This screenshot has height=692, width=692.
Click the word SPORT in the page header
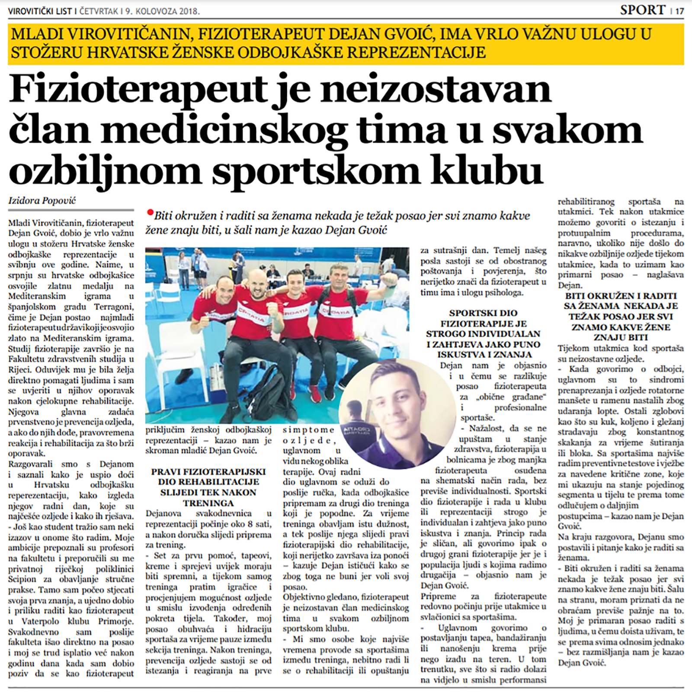click(642, 10)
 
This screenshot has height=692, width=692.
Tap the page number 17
click(679, 11)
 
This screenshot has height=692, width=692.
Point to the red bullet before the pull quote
click(150, 212)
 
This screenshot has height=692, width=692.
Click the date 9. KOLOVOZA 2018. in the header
click(163, 12)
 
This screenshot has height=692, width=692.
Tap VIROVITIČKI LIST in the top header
click(40, 12)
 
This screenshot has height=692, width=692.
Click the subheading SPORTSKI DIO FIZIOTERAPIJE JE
click(483, 318)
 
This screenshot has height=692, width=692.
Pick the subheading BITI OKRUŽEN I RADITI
click(621, 296)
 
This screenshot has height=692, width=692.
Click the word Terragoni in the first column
click(113, 307)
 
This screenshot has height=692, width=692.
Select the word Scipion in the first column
click(22, 579)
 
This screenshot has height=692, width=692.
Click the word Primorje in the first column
click(115, 622)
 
